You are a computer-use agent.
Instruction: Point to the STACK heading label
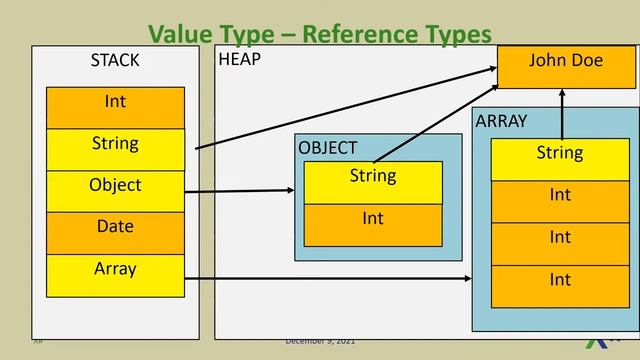115,61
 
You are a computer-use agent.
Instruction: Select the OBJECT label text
327,148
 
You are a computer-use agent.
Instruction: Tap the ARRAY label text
501,121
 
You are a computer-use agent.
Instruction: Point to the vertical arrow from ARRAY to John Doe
562,113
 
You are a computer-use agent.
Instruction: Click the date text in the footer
320,342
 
